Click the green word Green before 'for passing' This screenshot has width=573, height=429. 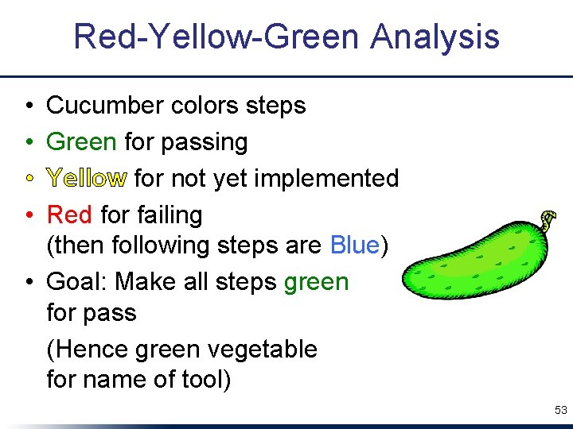[x=81, y=142]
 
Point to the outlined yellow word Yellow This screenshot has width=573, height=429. [x=86, y=179]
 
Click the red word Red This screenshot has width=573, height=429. [x=69, y=214]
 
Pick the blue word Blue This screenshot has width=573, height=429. [x=354, y=245]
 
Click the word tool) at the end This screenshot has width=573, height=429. [x=205, y=380]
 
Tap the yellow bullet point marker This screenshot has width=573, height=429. [x=27, y=179]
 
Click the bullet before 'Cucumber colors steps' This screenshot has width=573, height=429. [x=27, y=106]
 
